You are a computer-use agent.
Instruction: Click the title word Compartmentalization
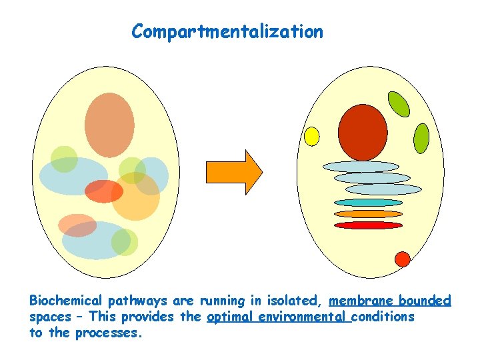pyautogui.click(x=227, y=31)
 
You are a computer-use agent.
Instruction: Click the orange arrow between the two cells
pyautogui.click(x=234, y=172)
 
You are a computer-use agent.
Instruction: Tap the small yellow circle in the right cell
pyautogui.click(x=311, y=136)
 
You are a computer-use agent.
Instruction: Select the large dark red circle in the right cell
pyautogui.click(x=363, y=132)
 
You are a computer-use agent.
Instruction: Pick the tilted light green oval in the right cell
pyautogui.click(x=399, y=103)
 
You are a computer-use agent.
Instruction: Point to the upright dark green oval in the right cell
pyautogui.click(x=421, y=138)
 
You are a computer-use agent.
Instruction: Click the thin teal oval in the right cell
pyautogui.click(x=368, y=202)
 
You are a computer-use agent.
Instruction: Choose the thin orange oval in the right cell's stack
pyautogui.click(x=368, y=214)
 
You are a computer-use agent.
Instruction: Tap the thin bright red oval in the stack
pyautogui.click(x=368, y=225)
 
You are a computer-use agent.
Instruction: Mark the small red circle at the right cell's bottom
pyautogui.click(x=402, y=259)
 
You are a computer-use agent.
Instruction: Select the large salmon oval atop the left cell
pyautogui.click(x=109, y=125)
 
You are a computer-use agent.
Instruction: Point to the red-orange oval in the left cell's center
pyautogui.click(x=104, y=191)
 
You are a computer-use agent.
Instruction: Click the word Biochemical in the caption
pyautogui.click(x=65, y=301)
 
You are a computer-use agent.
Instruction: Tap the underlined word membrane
pyautogui.click(x=358, y=301)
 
